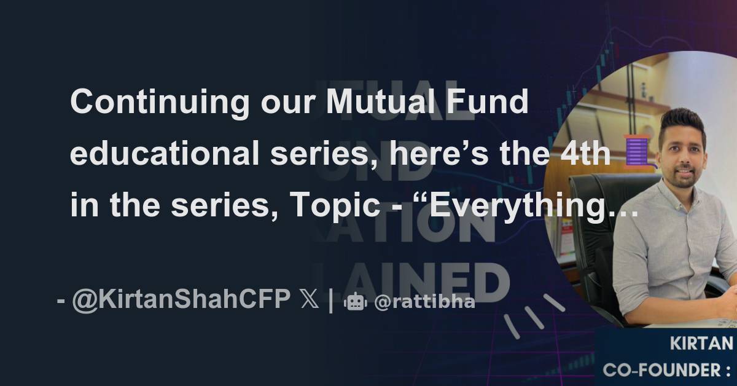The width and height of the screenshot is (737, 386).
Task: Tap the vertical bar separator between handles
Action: tap(331, 301)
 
